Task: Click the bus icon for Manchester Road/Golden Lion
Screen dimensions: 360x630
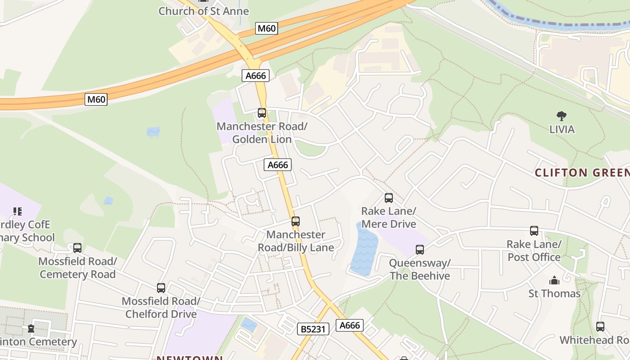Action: pos(262,113)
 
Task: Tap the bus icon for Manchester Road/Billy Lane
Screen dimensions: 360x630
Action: pos(296,221)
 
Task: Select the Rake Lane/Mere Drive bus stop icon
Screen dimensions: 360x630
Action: pos(389,198)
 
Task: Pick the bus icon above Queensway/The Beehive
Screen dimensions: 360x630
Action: pos(420,249)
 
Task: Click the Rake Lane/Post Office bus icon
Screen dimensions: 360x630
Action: pos(534,231)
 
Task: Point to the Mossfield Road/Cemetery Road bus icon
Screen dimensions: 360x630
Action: pos(77,248)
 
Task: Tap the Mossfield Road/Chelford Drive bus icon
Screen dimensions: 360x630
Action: pos(161,288)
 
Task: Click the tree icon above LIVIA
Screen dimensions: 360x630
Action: pos(562,116)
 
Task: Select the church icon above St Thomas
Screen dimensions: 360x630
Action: pos(554,280)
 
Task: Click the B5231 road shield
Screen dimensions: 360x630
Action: pos(313,329)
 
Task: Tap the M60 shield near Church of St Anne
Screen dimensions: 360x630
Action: pos(266,28)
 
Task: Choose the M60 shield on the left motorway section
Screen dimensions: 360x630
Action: pos(96,99)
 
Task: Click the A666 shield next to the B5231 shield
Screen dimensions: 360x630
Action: pos(350,325)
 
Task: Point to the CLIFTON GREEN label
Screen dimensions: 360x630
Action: pos(582,173)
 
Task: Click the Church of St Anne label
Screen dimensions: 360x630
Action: pos(203,11)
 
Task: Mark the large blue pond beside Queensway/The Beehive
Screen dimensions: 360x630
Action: pos(364,250)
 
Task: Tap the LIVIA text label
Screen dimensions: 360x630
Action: pos(562,130)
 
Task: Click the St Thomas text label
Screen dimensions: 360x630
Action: pos(554,293)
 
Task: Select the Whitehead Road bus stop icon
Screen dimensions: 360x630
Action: pos(600,327)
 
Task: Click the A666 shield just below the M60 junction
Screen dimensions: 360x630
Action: pos(256,76)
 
